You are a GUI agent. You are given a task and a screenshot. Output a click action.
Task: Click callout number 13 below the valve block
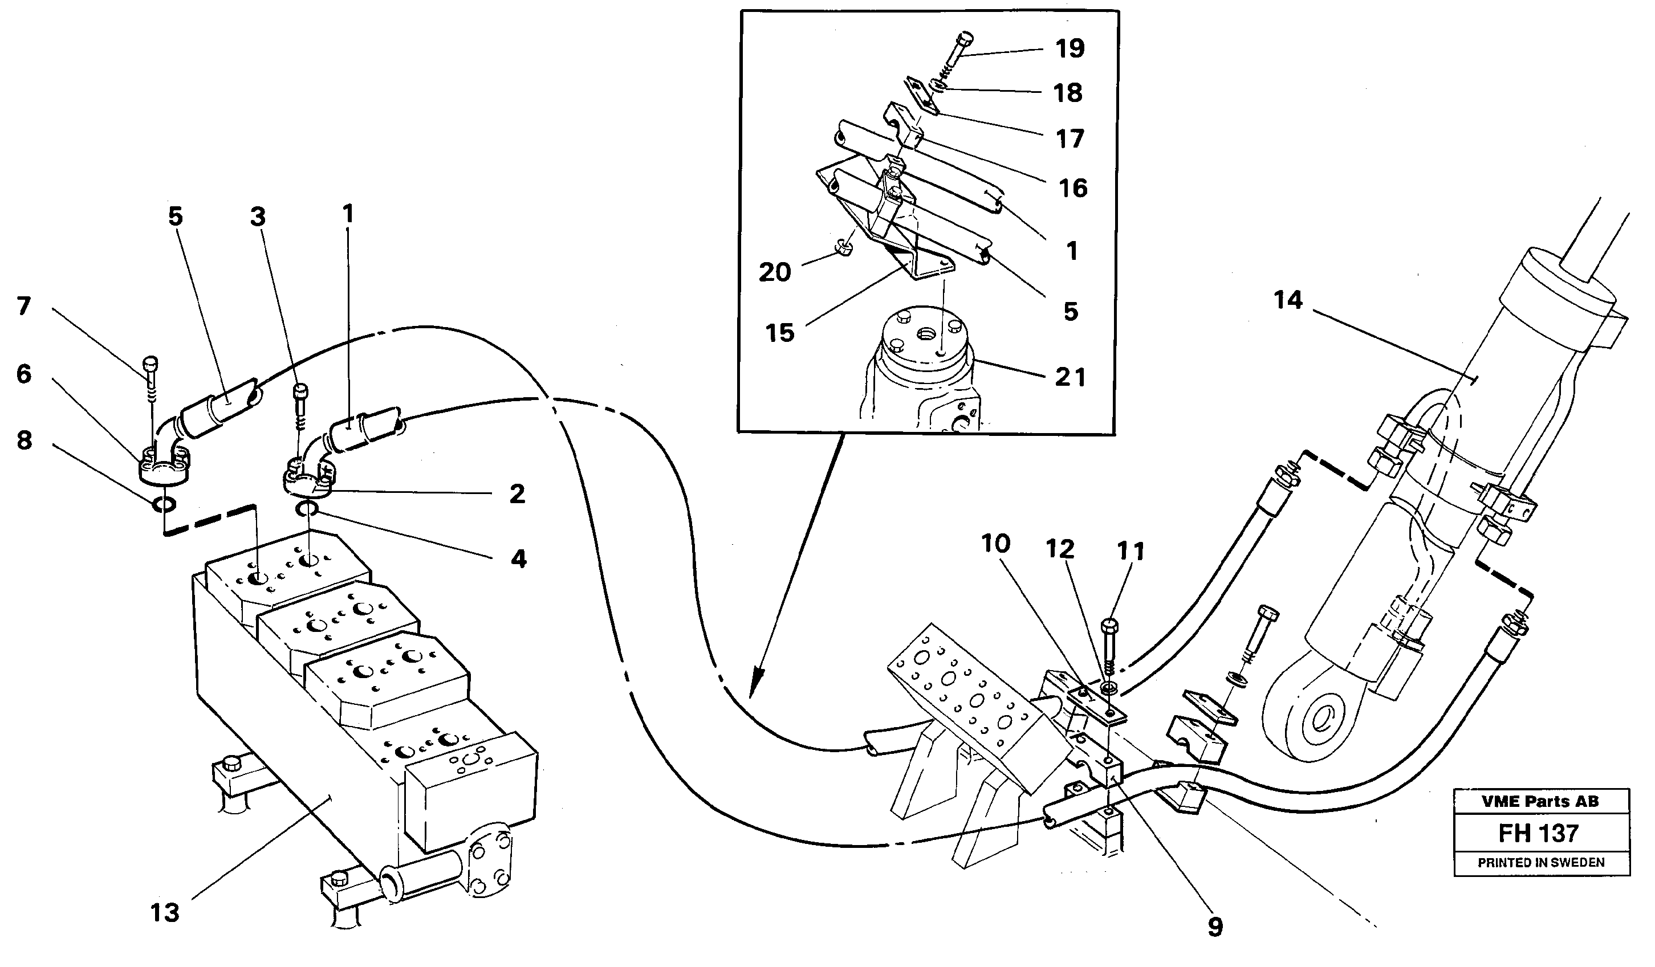164,912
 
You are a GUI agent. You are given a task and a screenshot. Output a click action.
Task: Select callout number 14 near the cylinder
1287,300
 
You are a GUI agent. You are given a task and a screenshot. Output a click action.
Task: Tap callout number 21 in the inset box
1070,377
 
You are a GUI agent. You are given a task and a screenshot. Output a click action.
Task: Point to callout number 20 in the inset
774,272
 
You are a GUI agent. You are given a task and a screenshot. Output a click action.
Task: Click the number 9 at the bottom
1215,927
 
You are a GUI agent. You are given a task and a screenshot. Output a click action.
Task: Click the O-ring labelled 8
164,504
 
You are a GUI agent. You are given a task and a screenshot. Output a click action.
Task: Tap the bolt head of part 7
151,363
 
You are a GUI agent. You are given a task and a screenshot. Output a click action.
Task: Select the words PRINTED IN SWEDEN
1542,863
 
